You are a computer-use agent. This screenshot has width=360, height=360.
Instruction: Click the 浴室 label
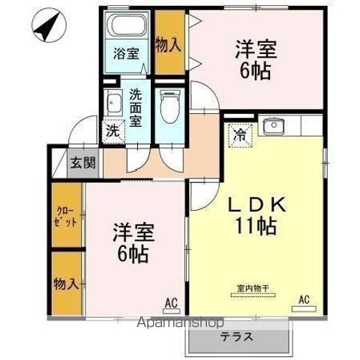(x=126, y=53)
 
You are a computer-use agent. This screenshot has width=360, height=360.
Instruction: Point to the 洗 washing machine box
(x=113, y=131)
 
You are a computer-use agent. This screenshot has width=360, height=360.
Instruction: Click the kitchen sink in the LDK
(x=274, y=126)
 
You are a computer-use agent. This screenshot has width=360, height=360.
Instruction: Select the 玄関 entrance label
(x=83, y=163)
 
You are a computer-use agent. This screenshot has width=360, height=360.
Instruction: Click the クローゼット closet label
(x=65, y=217)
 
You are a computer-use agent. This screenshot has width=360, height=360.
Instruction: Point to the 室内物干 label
(x=253, y=288)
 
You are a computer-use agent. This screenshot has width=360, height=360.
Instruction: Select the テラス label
(x=236, y=337)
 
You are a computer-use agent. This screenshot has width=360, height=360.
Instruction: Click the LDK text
(x=257, y=205)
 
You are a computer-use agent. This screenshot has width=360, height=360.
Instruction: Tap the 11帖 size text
(x=256, y=226)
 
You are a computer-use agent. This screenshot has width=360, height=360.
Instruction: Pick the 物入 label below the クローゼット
(x=66, y=284)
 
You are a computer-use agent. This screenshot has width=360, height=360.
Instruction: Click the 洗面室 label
(x=136, y=108)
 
